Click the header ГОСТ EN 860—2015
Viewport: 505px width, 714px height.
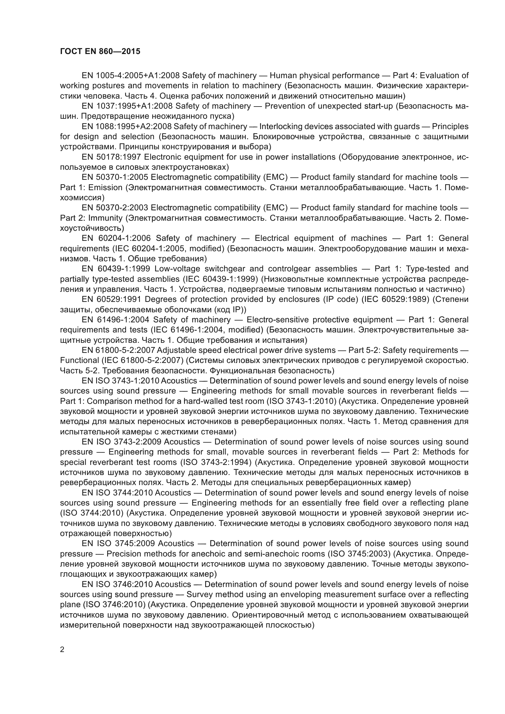(100, 51)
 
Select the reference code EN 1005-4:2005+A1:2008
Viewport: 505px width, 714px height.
(131, 76)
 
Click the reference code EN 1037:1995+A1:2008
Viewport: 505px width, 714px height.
(127, 106)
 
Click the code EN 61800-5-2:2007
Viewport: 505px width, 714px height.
(118, 350)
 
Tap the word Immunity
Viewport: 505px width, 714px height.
(105, 218)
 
